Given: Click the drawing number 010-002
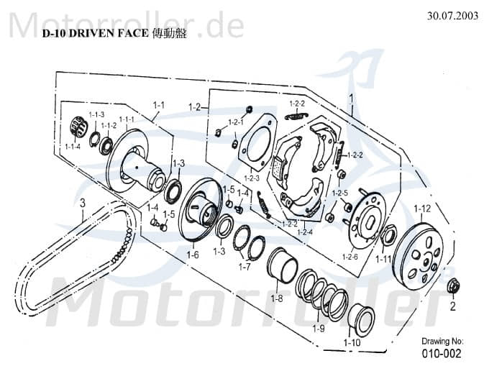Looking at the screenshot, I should [x=441, y=354].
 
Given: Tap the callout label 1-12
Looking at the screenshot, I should [x=421, y=209].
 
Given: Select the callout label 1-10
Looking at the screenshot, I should [x=352, y=342].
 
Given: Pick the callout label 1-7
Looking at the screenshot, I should [x=244, y=267].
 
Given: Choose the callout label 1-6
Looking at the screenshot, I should [x=192, y=255].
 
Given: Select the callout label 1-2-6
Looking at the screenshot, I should [x=350, y=256].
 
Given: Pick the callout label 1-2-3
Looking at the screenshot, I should [x=251, y=178].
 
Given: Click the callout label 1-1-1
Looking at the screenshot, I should [x=127, y=119].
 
